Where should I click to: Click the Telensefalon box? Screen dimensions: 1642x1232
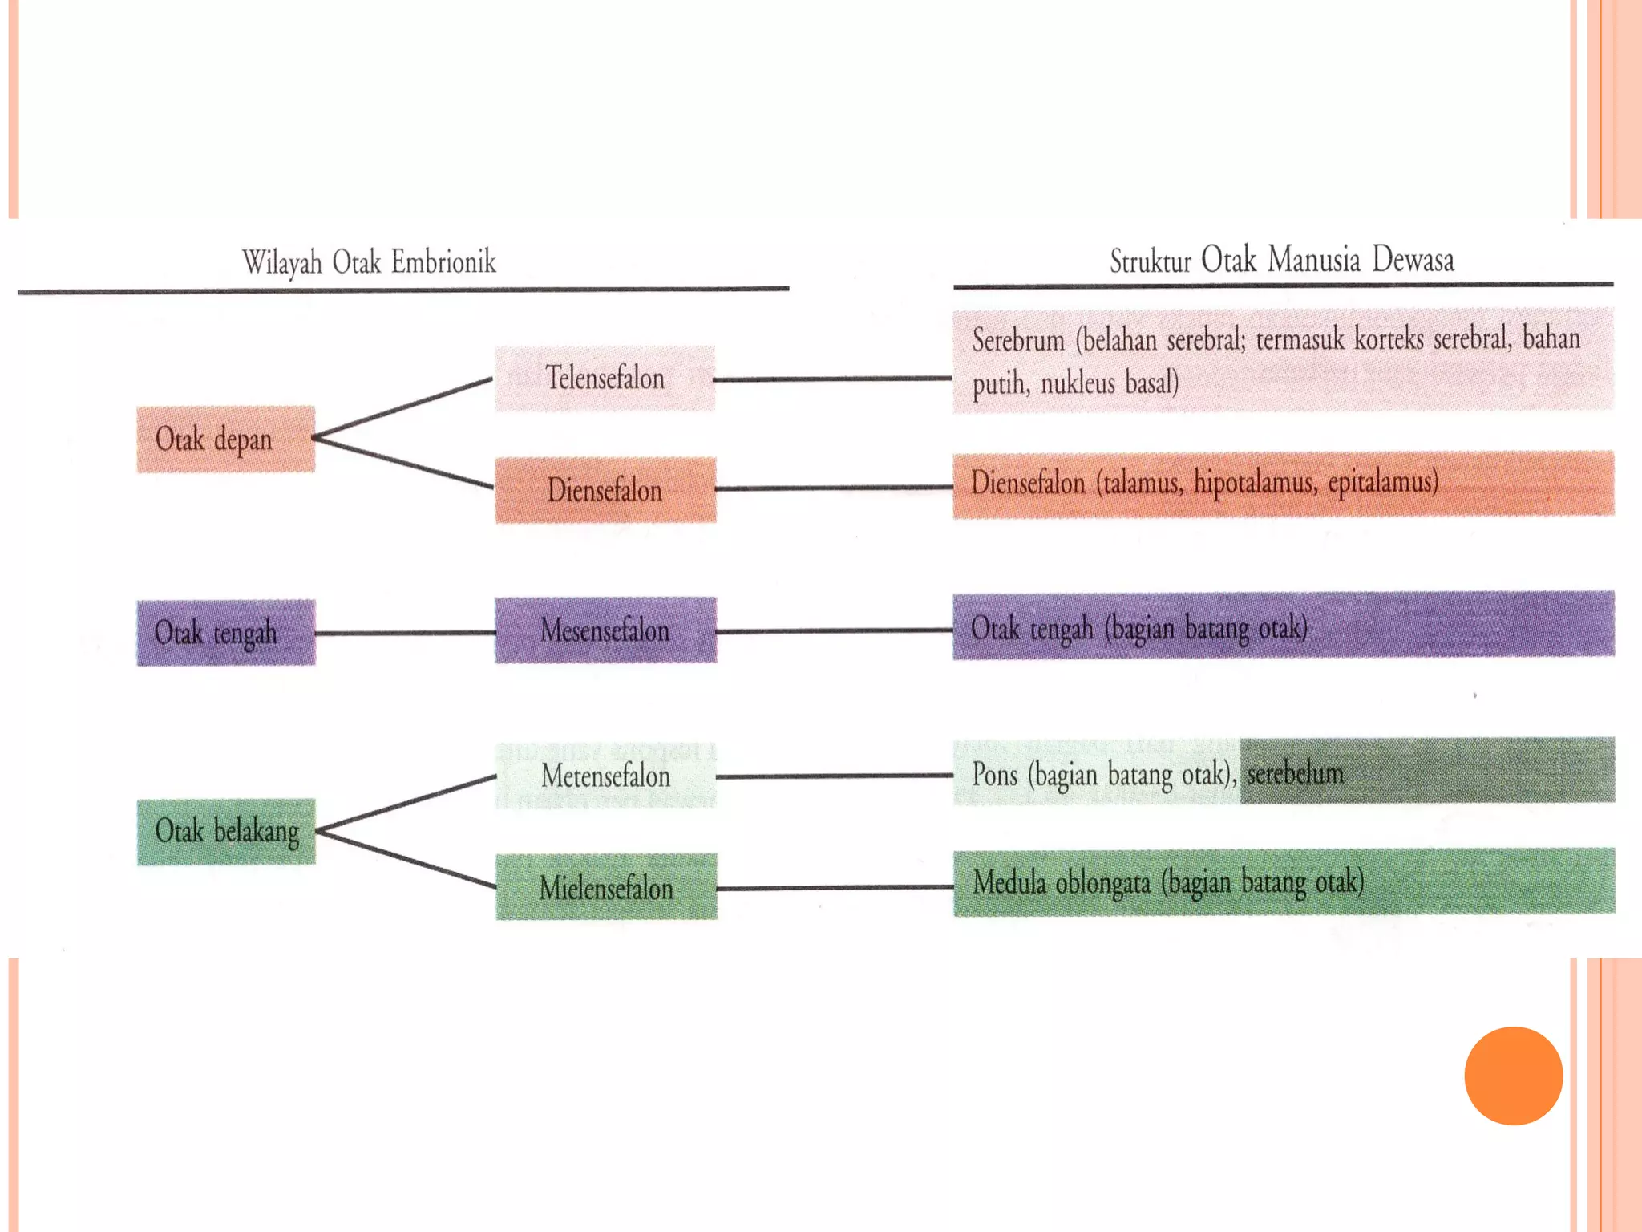[x=605, y=379]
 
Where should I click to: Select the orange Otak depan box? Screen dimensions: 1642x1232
[x=225, y=440]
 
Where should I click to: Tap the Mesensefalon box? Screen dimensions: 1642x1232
[x=605, y=630]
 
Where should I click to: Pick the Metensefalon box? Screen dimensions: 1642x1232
[x=605, y=776]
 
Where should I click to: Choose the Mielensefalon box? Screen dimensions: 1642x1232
[x=606, y=887]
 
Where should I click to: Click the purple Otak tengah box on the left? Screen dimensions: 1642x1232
[x=225, y=633]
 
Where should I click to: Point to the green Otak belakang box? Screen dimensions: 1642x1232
[x=226, y=832]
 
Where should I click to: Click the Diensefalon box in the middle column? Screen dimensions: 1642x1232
[x=605, y=490]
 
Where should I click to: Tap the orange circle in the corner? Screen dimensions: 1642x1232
[x=1513, y=1076]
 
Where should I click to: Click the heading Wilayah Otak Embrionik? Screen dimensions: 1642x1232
[x=370, y=262]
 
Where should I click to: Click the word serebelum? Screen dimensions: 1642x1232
[x=1295, y=773]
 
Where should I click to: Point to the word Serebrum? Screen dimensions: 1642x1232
[x=1018, y=340]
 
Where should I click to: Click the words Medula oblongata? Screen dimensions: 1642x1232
[x=1062, y=882]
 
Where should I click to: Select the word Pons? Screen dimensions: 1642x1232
[x=994, y=775]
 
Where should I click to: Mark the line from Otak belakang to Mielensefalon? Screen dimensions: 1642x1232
[x=406, y=859]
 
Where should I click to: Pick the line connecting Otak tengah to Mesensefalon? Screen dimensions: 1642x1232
[x=405, y=633]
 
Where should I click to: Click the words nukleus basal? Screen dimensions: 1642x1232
[x=1110, y=383]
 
